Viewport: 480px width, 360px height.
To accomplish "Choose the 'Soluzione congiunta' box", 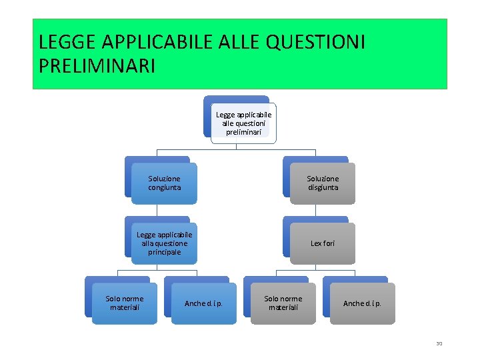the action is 164,183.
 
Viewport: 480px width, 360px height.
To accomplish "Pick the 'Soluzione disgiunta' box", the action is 323,183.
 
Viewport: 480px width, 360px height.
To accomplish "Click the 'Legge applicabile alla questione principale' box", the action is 164,243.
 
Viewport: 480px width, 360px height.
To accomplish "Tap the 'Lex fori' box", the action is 323,243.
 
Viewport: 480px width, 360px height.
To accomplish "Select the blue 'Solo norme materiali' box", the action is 125,303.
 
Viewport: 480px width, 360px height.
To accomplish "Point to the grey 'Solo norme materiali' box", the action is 283,303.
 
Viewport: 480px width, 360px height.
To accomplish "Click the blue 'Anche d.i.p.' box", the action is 203,303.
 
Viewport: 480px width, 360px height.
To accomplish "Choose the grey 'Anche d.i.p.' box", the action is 362,303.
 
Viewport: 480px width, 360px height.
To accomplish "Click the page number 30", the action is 439,344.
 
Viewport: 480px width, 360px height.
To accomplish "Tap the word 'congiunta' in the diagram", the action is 164,187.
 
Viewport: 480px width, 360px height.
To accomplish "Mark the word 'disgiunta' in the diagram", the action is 323,187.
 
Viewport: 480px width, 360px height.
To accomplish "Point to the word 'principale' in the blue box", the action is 164,252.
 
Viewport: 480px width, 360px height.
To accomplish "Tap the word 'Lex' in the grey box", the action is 316,243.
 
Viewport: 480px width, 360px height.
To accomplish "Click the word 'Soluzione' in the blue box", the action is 164,179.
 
